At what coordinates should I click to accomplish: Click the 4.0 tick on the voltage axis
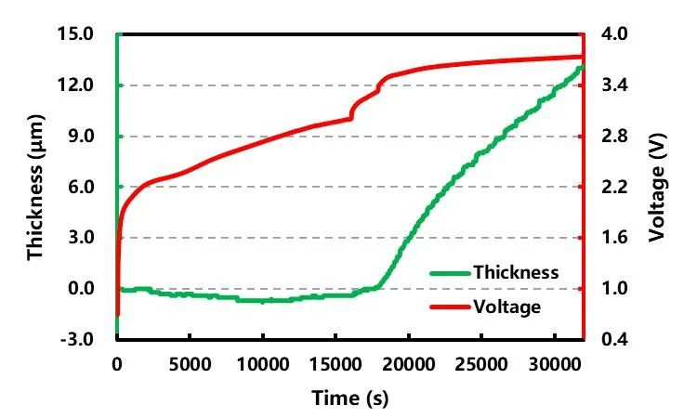pyautogui.click(x=615, y=34)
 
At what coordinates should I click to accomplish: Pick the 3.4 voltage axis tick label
pyautogui.click(x=615, y=85)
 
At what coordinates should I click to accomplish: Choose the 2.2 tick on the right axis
pyautogui.click(x=615, y=187)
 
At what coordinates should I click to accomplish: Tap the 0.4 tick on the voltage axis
pyautogui.click(x=615, y=339)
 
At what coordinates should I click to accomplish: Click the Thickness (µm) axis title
pyautogui.click(x=36, y=187)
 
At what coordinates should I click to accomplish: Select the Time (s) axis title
pyautogui.click(x=348, y=398)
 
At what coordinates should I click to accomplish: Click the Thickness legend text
pyautogui.click(x=516, y=273)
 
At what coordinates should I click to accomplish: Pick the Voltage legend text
pyautogui.click(x=506, y=306)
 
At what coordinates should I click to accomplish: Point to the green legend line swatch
pyautogui.click(x=449, y=273)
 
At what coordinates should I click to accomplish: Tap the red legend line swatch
pyautogui.click(x=449, y=306)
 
